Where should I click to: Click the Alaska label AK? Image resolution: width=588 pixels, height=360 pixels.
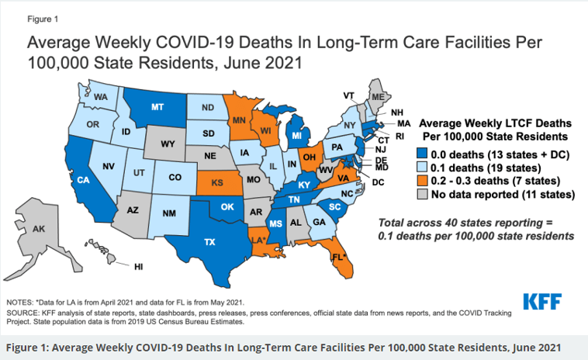39,230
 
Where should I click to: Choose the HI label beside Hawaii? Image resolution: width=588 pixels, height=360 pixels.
138,266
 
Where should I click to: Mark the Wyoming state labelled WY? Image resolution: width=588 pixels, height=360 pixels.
168,144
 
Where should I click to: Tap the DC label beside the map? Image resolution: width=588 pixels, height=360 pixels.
378,182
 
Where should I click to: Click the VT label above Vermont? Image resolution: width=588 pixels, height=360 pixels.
349,95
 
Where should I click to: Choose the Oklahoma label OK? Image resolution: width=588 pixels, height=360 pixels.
227,207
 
